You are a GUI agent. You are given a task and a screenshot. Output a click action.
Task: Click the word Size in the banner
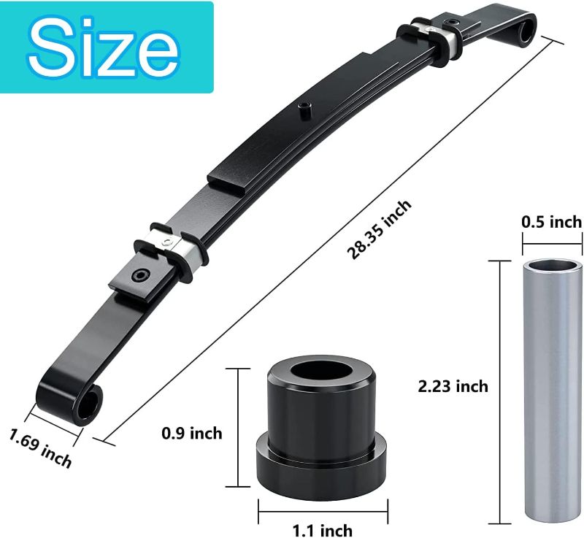tap(106, 47)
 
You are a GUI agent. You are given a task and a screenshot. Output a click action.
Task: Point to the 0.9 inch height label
tap(192, 434)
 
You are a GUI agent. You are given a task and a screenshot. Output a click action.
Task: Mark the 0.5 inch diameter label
tap(551, 222)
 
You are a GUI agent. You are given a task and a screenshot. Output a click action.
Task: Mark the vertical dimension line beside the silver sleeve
tap(500, 391)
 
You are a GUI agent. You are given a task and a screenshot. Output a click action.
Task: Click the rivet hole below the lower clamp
tap(139, 277)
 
